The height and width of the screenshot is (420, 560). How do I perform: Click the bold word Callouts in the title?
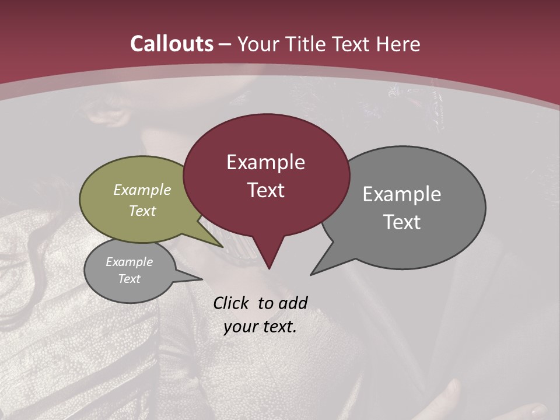click(x=172, y=44)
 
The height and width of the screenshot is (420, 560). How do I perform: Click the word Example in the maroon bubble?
click(x=265, y=162)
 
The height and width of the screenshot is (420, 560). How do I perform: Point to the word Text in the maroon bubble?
click(x=265, y=190)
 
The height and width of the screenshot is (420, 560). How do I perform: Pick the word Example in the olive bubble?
click(x=142, y=190)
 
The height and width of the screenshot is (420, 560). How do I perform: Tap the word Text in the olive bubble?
click(x=142, y=211)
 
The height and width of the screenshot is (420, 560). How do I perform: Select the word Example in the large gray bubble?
click(x=402, y=194)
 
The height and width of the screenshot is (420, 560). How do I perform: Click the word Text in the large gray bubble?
click(x=402, y=222)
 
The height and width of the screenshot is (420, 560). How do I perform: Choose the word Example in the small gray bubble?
click(x=129, y=262)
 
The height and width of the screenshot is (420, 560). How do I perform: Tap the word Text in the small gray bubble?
click(x=129, y=279)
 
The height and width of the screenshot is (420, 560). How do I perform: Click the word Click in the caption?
click(x=232, y=303)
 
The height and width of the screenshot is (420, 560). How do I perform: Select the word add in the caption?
click(x=293, y=303)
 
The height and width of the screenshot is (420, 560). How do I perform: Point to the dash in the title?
click(x=225, y=44)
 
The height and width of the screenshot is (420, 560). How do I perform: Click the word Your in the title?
click(x=257, y=44)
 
